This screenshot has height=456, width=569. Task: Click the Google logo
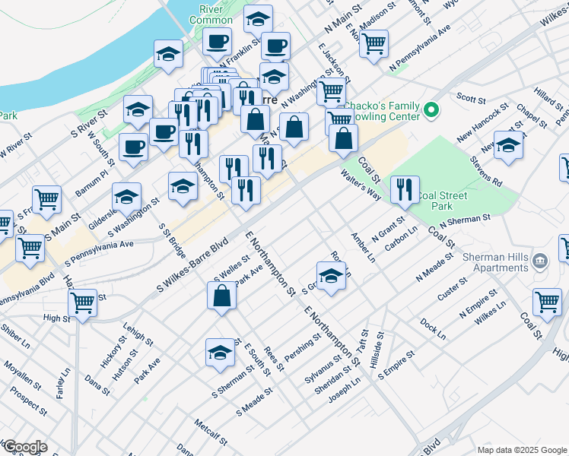point(24,447)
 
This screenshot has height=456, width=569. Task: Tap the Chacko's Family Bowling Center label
point(382,111)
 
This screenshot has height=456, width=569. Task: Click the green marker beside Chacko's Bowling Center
point(431,109)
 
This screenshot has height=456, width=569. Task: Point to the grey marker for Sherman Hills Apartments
point(540,261)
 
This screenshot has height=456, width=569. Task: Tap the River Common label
point(215,14)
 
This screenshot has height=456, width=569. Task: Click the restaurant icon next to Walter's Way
point(405,188)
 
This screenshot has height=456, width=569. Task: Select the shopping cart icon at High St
point(82,302)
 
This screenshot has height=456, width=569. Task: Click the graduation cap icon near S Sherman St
point(220,352)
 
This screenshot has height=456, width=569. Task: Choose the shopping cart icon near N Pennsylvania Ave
point(374,44)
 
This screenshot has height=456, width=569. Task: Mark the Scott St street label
point(471,98)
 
